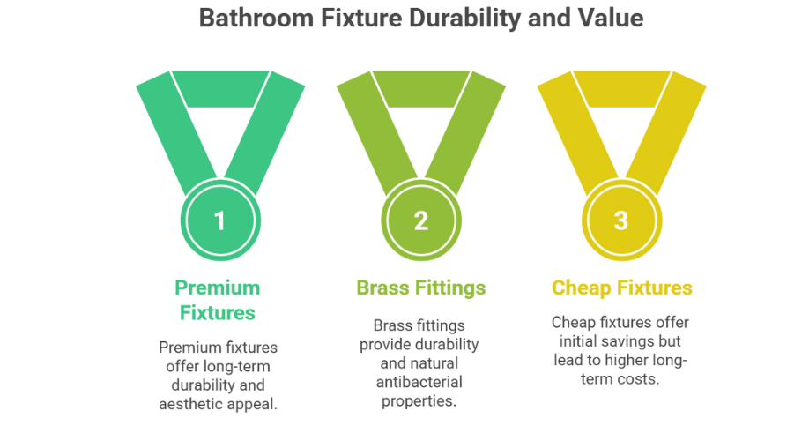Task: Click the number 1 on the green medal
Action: (x=219, y=221)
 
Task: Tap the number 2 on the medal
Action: (x=421, y=221)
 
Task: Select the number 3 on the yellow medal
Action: (x=621, y=221)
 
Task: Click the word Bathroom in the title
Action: (x=256, y=18)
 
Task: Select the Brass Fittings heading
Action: (x=421, y=288)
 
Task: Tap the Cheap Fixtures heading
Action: (x=621, y=288)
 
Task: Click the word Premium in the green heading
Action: (x=217, y=288)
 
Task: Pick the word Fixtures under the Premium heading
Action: (x=217, y=313)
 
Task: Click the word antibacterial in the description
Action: (x=419, y=383)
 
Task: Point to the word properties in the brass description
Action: (x=419, y=401)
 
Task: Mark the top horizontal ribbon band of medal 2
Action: (x=421, y=89)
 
